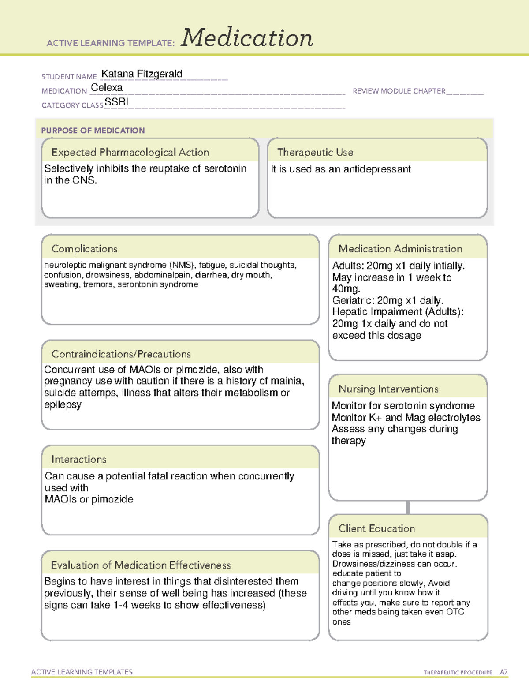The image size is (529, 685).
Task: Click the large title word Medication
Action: [247, 38]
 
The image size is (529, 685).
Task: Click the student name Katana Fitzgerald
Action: [142, 74]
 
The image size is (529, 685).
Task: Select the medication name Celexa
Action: [107, 88]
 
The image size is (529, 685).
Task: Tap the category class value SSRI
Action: [116, 102]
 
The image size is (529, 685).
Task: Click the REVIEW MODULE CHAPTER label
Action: [399, 91]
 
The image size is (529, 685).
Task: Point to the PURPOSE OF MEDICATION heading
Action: [93, 131]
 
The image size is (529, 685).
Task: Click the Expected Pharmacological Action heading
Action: [130, 152]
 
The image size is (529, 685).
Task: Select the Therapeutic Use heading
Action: [315, 152]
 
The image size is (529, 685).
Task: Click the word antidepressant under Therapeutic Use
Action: [377, 169]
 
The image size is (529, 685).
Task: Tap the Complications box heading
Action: [85, 249]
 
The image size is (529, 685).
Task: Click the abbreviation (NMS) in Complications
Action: [182, 265]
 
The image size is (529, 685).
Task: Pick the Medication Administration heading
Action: [400, 249]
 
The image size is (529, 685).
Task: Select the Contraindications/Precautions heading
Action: [121, 354]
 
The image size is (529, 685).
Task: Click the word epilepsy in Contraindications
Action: [63, 404]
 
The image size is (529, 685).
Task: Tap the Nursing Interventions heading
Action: [388, 389]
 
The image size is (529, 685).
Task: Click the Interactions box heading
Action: [79, 459]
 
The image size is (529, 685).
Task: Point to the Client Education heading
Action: [376, 528]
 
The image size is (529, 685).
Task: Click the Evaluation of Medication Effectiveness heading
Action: [141, 565]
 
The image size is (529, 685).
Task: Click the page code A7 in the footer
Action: [503, 672]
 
